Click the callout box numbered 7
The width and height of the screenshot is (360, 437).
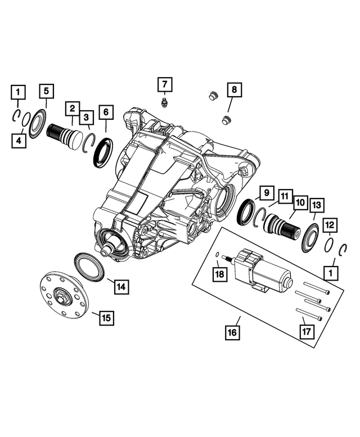point(164,85)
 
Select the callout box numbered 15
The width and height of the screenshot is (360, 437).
point(105,318)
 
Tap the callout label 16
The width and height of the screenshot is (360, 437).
point(232,332)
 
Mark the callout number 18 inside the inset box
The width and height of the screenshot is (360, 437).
point(219,274)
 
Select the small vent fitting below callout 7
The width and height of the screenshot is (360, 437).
point(164,103)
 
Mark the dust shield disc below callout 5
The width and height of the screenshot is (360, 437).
point(38,123)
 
